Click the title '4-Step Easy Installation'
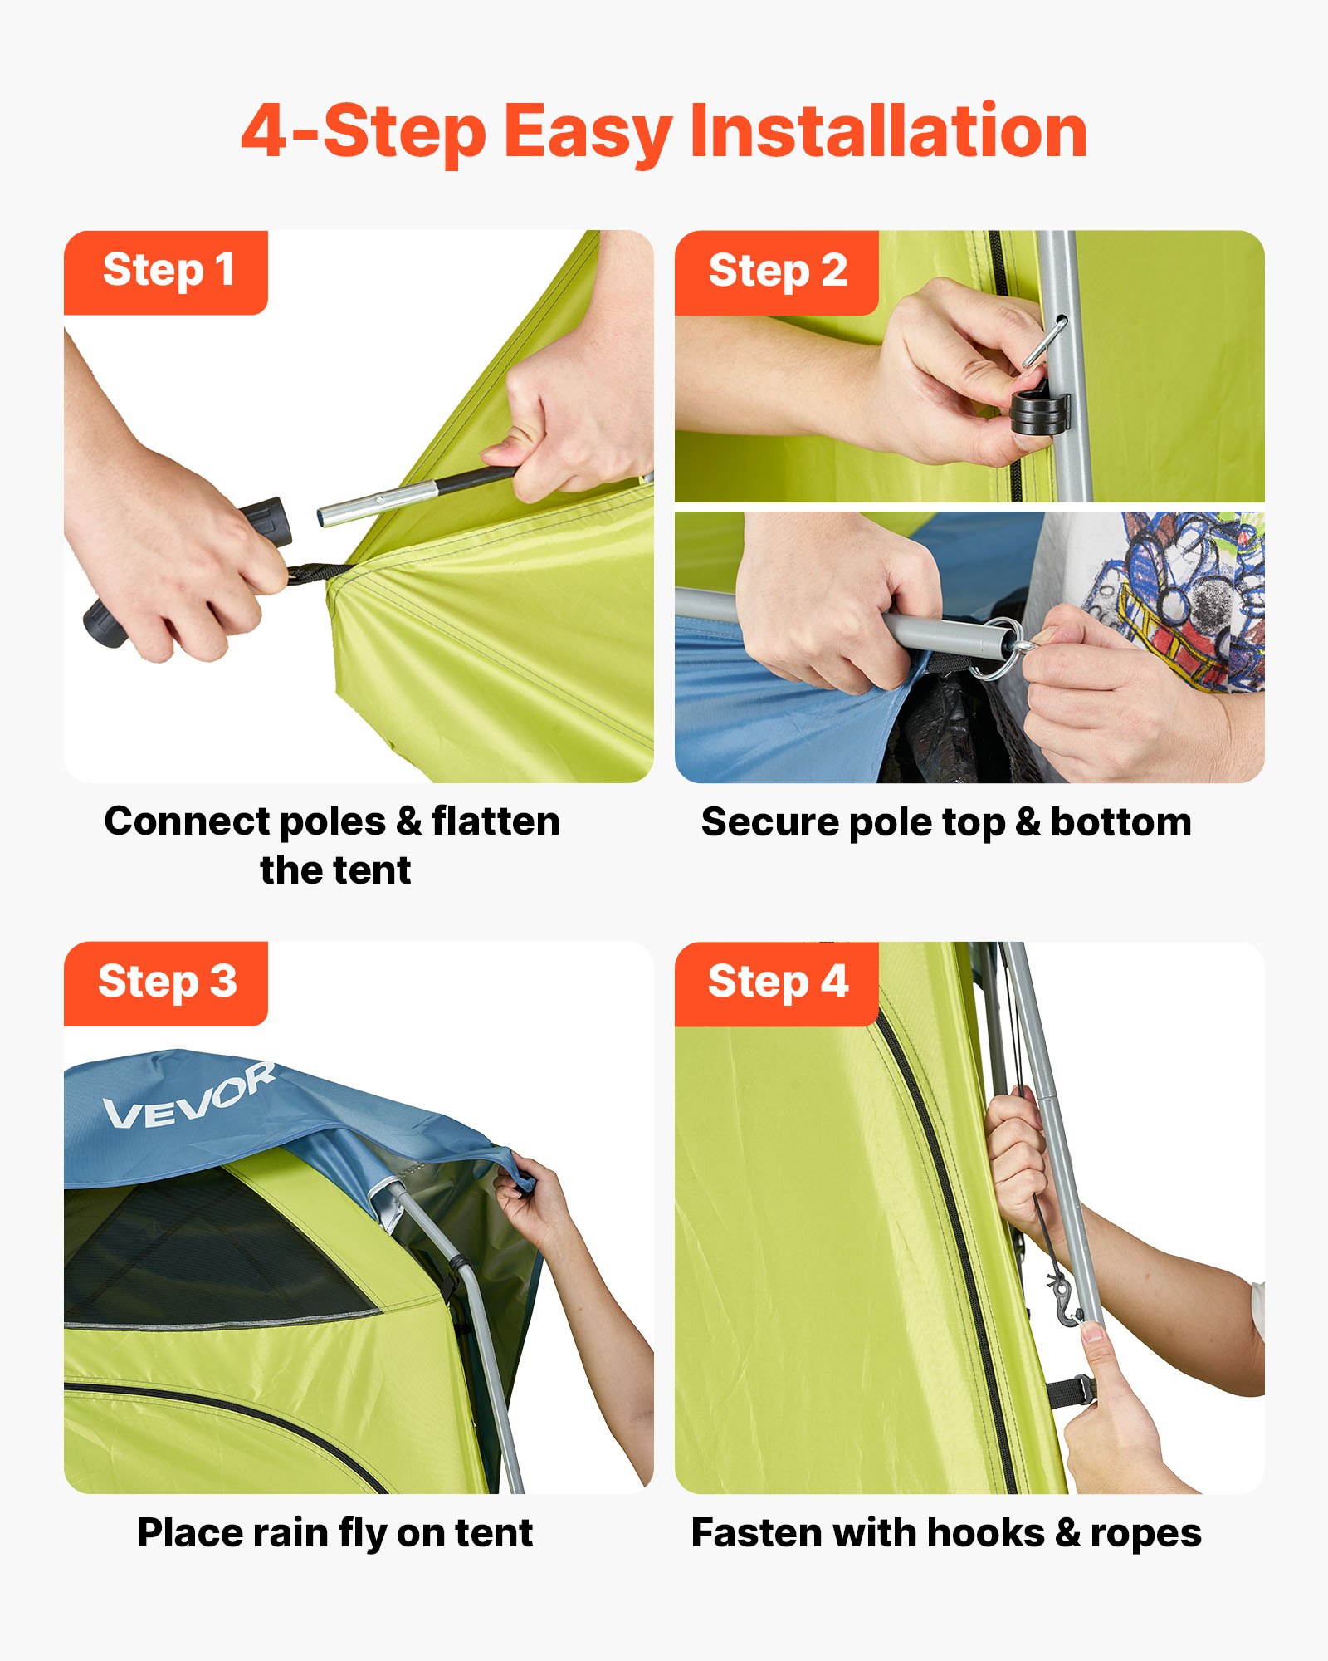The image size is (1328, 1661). point(664,131)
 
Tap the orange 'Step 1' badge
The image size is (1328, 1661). point(166,272)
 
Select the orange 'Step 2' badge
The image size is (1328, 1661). point(777,272)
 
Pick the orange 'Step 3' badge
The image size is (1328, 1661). point(166,982)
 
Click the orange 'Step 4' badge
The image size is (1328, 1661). point(777,982)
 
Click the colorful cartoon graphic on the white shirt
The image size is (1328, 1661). point(1187,598)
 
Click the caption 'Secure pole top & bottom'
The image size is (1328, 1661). point(946,822)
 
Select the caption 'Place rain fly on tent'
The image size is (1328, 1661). point(334,1533)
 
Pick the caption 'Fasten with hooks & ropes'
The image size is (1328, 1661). point(946,1533)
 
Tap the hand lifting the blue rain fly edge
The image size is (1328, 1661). point(531,1204)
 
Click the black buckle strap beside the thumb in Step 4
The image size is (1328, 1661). point(1071,1390)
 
